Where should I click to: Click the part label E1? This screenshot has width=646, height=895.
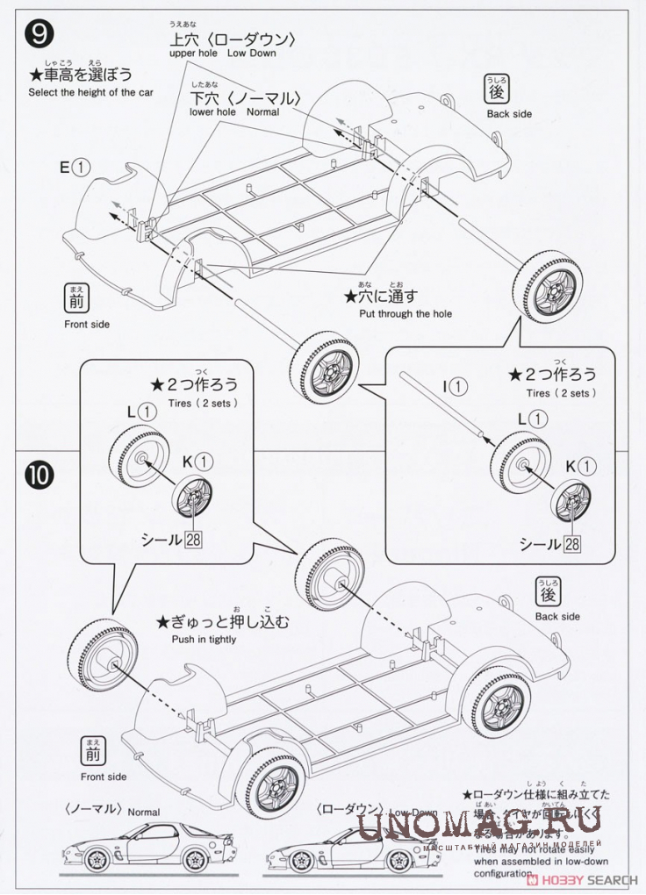click(75, 166)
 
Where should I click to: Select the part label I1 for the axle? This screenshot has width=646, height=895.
click(455, 385)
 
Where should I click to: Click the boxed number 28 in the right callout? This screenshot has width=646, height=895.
click(572, 544)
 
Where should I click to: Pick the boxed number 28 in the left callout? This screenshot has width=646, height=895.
click(193, 539)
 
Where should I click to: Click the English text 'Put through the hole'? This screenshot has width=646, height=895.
click(406, 313)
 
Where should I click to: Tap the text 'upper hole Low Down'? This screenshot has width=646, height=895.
click(223, 54)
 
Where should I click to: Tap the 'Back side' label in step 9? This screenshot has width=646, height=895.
click(509, 114)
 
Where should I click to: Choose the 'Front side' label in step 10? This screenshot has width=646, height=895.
click(104, 777)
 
